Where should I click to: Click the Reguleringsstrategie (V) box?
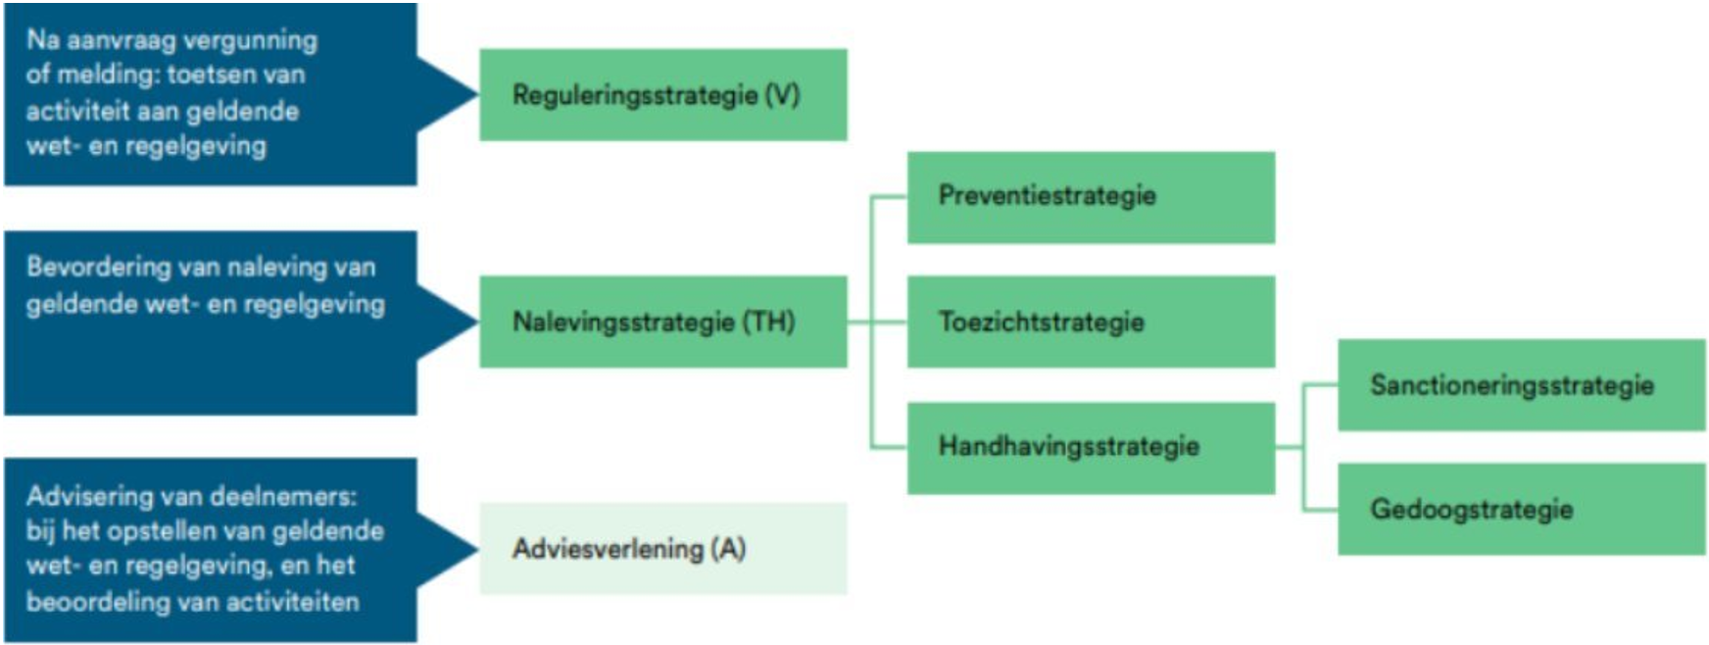662,95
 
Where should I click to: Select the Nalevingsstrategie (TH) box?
662,322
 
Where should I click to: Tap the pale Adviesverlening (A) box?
662,549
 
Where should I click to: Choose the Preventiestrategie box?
1091,197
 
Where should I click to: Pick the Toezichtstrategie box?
1091,322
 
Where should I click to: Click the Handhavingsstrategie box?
1091,447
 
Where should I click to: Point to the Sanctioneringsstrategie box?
1521,385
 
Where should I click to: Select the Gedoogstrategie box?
1521,510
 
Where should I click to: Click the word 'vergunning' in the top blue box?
251,41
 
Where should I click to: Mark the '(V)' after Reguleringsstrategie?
782,95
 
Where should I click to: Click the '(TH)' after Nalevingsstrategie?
768,322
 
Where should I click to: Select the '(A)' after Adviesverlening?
729,549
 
